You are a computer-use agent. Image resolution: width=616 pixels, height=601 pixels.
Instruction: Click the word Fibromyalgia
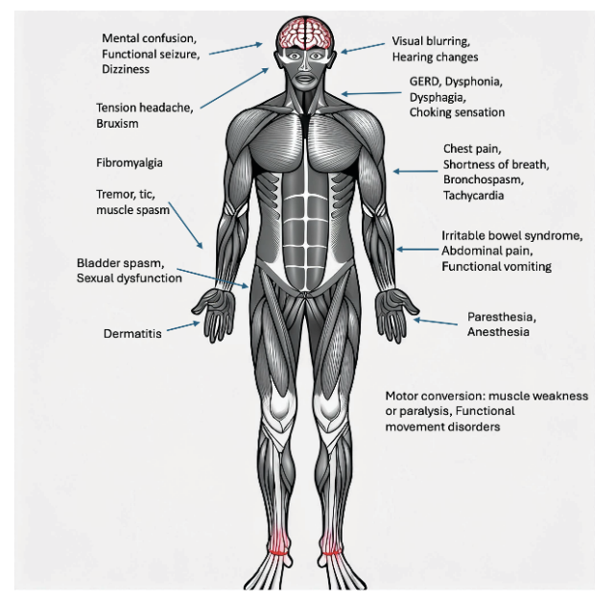(130, 162)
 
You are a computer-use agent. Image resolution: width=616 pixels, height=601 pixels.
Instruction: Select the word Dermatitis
(132, 334)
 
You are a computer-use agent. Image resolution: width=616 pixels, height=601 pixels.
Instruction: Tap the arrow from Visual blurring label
(362, 46)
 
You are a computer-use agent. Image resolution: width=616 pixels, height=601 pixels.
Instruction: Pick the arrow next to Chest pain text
(413, 172)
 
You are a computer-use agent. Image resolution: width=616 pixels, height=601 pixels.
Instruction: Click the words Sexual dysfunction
(129, 278)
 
